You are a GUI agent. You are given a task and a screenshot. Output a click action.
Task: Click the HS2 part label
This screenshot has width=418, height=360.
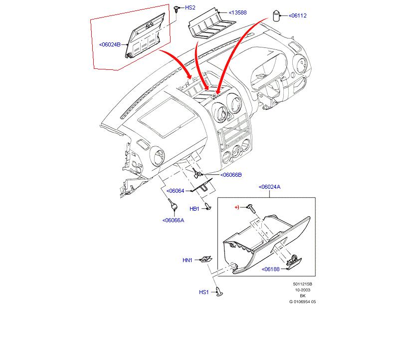pos(191,8)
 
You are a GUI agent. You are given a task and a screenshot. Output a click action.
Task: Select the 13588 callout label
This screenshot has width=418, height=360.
pos(238,12)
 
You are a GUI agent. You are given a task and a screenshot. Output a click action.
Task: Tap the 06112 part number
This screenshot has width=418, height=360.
pos(298,15)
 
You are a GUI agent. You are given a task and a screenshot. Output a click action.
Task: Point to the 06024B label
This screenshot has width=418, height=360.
pos(110,44)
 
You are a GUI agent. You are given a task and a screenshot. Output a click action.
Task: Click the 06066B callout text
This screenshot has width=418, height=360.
pos(231,175)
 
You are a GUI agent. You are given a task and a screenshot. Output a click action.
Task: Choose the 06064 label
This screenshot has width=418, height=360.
pos(176,191)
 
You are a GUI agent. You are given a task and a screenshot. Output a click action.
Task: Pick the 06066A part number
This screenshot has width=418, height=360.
pos(173,220)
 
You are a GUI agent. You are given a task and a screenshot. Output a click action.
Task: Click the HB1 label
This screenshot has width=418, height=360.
pos(194,208)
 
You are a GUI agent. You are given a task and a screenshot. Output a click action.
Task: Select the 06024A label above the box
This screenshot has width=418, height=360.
pos(269,187)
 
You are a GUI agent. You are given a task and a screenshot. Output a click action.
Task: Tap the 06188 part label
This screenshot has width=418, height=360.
pos(271,269)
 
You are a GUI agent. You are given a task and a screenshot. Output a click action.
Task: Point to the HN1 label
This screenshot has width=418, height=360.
pos(187,260)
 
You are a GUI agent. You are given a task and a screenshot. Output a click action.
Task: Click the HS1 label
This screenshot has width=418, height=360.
pos(204,292)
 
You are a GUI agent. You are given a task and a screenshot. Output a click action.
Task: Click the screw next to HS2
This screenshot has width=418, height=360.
pos(177,8)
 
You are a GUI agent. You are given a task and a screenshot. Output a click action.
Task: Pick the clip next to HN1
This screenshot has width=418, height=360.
pos(205,259)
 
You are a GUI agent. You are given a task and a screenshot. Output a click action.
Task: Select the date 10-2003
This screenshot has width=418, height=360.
pos(302,290)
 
